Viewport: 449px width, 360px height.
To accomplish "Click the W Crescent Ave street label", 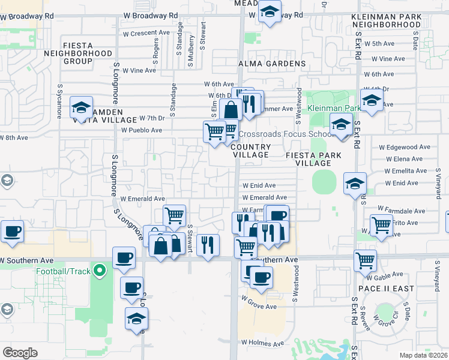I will (x=146, y=32).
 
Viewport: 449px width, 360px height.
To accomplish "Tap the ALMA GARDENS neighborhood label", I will (x=272, y=64).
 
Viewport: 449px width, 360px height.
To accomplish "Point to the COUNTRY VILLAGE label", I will (x=250, y=151).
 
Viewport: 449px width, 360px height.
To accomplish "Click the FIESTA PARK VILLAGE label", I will (x=313, y=159).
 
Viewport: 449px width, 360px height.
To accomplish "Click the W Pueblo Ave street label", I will (x=142, y=130).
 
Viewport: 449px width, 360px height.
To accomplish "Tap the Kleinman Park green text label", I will (x=334, y=109).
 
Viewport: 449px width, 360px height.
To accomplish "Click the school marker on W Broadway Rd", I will (x=270, y=12).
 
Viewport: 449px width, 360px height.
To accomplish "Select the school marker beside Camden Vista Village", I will (x=81, y=108).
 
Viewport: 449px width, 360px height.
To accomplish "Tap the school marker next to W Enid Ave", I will (x=355, y=184).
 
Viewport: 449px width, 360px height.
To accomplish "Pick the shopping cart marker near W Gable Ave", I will (x=365, y=260).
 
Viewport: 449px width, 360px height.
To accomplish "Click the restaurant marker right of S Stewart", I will (x=208, y=245).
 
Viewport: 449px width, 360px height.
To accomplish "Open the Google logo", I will (x=20, y=352).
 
